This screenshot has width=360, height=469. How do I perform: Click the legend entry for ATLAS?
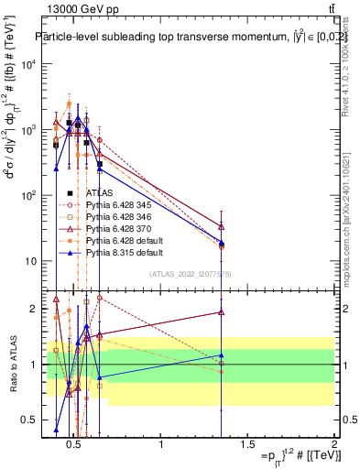(x=100, y=193)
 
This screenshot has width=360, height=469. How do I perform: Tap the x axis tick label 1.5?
(x=247, y=446)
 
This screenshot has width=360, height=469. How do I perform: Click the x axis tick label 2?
(x=334, y=446)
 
